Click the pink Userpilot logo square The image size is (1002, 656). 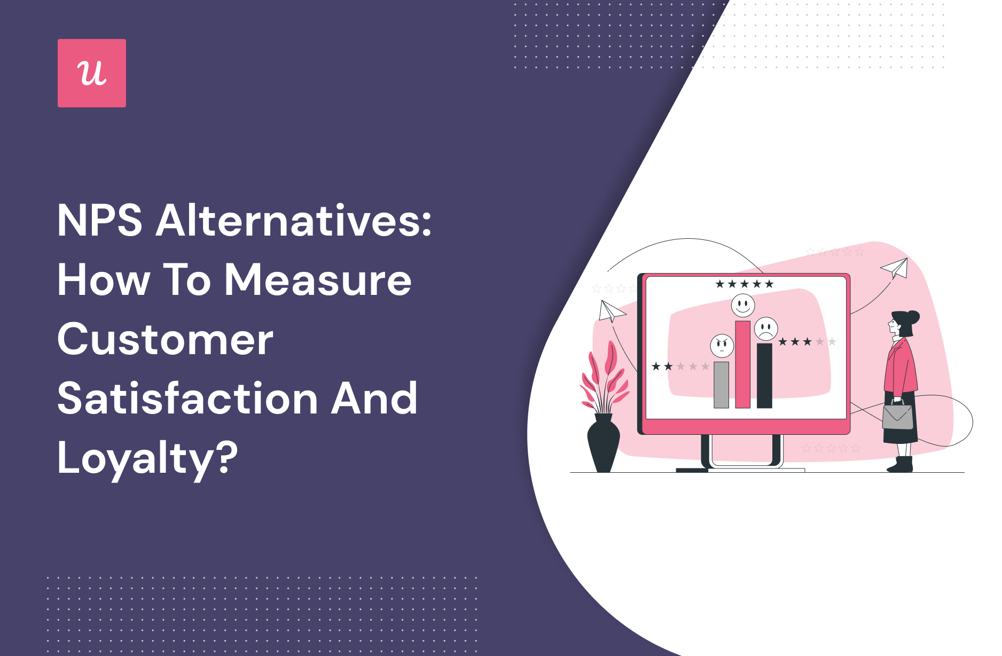92,73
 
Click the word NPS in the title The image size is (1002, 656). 100,221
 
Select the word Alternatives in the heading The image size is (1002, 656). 293,220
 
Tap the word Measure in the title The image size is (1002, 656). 318,280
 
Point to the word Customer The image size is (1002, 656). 166,339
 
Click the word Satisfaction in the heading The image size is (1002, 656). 187,399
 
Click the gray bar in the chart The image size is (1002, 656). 721,385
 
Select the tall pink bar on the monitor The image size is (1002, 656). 742,364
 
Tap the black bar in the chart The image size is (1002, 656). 764,376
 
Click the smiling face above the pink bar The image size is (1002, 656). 743,306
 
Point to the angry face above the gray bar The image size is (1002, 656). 722,346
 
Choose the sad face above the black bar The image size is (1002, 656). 766,329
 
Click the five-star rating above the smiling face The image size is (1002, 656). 745,284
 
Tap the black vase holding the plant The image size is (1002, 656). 604,443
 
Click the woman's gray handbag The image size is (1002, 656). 897,416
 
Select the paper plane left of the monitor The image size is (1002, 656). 612,311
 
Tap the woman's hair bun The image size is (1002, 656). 913,317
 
